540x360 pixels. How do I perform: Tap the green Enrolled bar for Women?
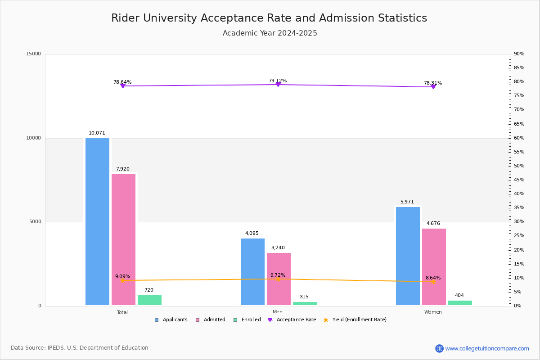coord(460,303)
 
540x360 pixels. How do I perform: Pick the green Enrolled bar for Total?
coord(149,300)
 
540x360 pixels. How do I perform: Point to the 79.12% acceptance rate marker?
coord(278,85)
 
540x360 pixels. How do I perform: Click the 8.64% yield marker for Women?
coord(433,282)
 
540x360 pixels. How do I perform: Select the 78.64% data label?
coord(122,82)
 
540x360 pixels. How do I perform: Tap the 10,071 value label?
coord(97,133)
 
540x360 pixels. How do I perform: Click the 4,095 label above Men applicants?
coord(252,234)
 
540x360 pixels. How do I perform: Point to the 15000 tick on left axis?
coord(34,54)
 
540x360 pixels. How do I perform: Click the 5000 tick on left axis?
coord(35,222)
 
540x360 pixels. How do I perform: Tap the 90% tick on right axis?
coord(519,54)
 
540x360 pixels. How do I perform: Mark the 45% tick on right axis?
coord(519,180)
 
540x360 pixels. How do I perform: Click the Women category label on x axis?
coord(433,312)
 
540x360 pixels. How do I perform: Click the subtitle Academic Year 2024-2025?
coord(270,33)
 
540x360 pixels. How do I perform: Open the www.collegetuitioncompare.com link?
coord(487,348)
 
